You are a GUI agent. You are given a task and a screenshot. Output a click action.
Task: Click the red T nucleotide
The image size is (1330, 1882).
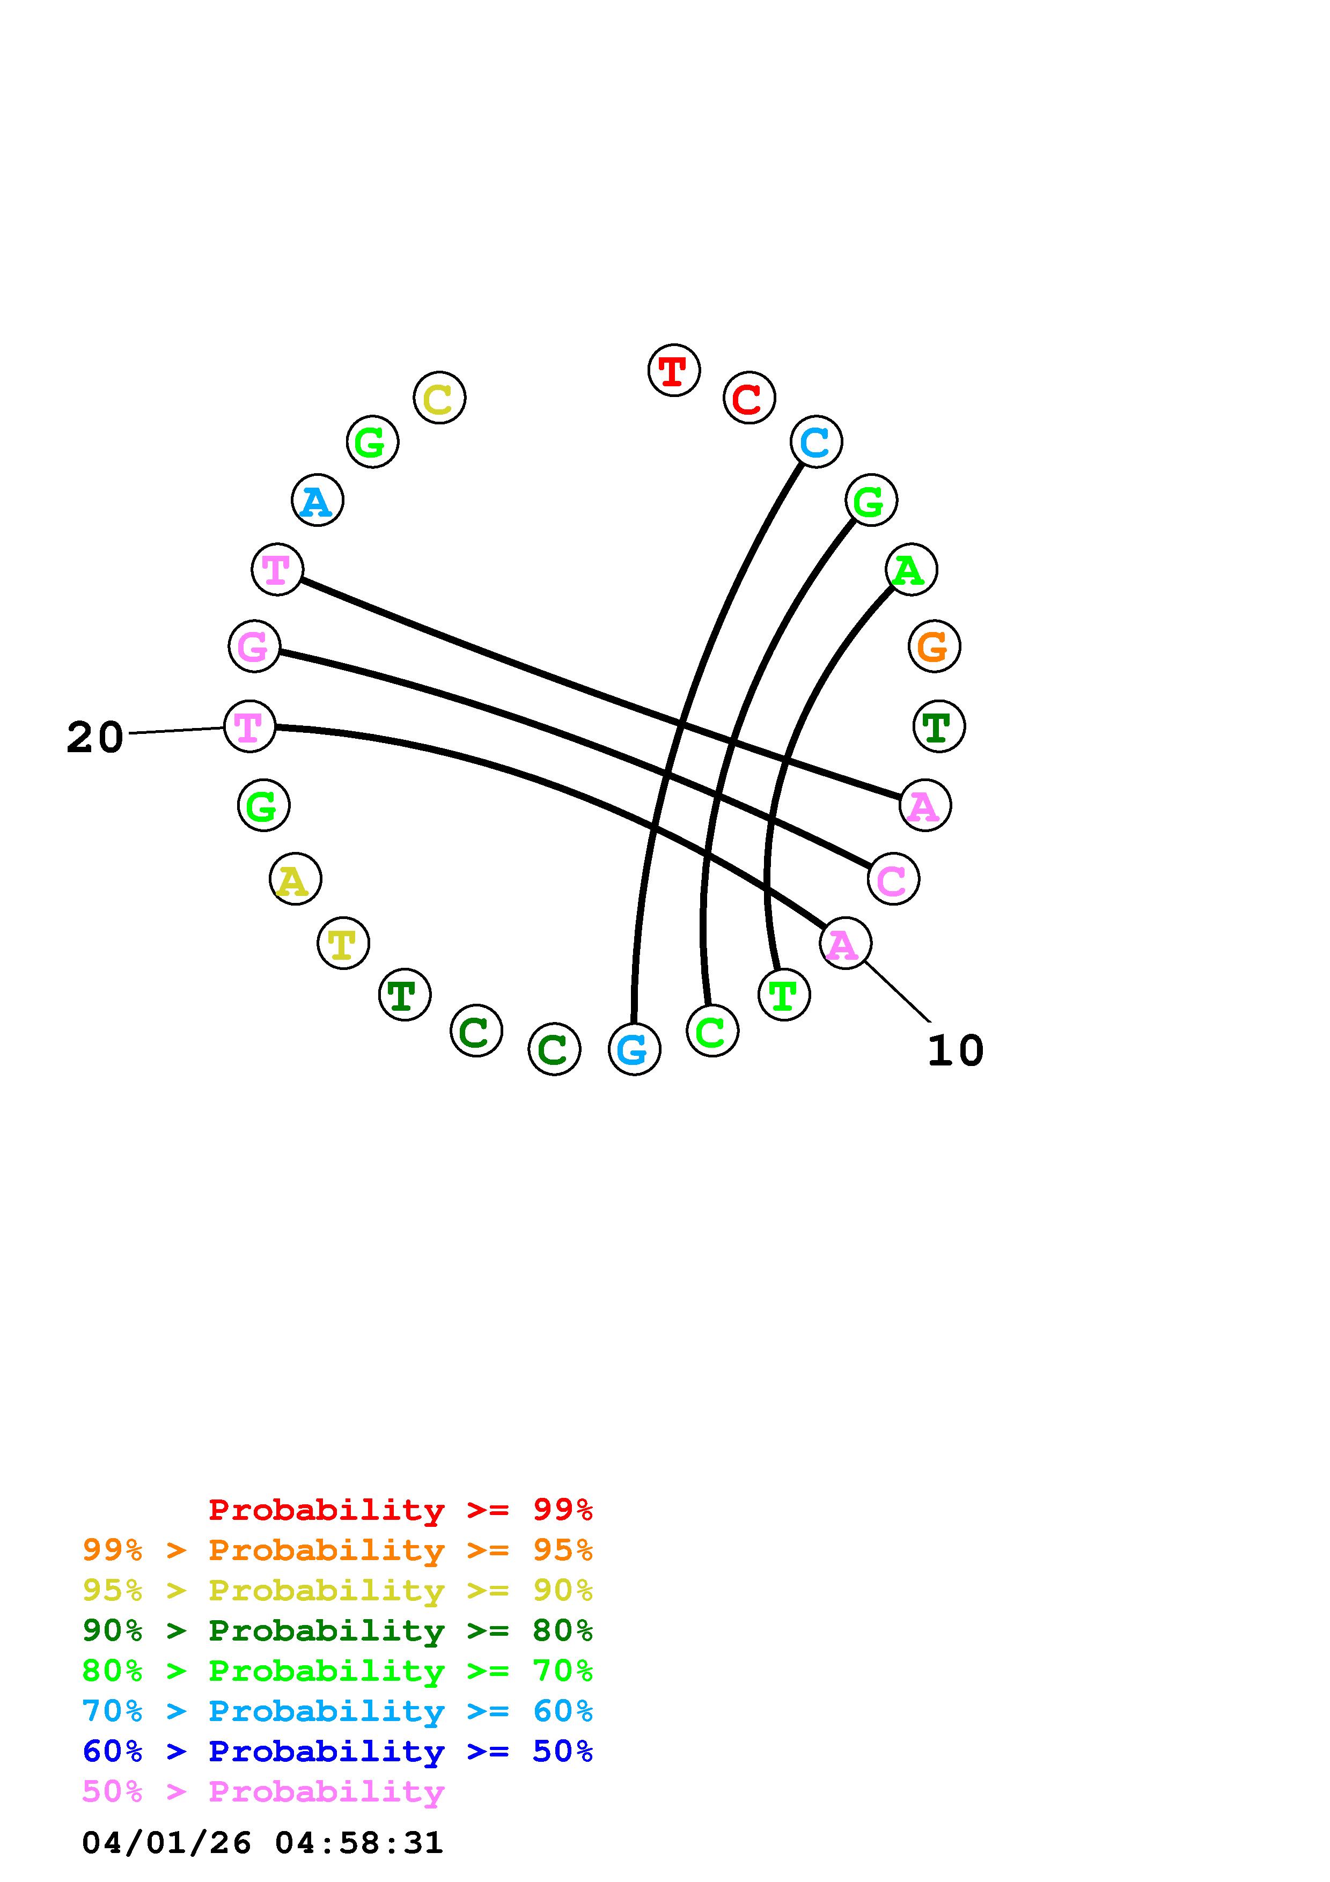(674, 371)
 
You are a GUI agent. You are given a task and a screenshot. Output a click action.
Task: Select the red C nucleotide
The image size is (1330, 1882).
(748, 399)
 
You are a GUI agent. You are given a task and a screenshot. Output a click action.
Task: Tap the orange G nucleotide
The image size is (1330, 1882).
(934, 646)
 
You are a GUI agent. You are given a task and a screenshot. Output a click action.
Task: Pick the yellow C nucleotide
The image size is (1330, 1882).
(439, 399)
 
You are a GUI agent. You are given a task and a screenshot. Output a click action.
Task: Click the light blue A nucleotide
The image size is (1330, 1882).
(317, 501)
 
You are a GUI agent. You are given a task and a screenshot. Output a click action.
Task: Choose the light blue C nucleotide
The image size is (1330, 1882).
(815, 442)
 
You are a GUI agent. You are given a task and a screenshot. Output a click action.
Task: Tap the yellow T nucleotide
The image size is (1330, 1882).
(342, 944)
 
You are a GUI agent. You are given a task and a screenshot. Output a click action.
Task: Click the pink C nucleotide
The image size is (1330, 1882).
(892, 879)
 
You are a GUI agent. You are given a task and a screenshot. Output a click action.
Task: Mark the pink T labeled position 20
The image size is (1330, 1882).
(249, 726)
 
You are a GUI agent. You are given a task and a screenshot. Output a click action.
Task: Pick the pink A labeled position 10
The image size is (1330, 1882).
(844, 944)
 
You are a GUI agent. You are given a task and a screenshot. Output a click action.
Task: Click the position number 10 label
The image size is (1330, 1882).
(954, 1051)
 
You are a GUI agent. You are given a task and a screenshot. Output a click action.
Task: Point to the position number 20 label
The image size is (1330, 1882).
(95, 737)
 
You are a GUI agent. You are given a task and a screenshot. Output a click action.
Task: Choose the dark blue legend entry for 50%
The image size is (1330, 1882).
(337, 1751)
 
